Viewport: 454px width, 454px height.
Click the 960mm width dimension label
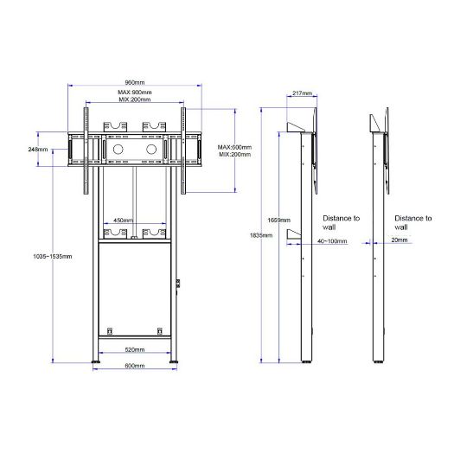click(x=135, y=82)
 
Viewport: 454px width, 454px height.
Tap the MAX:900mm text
click(x=135, y=93)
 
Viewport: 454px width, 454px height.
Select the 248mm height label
click(x=38, y=150)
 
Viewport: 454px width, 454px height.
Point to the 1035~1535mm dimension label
click(x=53, y=256)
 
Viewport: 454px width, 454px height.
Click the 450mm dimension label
click(x=123, y=221)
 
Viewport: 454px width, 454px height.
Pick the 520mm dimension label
click(x=135, y=349)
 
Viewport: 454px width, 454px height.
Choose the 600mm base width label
click(x=135, y=366)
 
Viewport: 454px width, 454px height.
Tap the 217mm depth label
click(x=303, y=93)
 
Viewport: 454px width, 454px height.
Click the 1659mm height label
click(x=278, y=221)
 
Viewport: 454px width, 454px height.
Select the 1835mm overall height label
click(x=261, y=235)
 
